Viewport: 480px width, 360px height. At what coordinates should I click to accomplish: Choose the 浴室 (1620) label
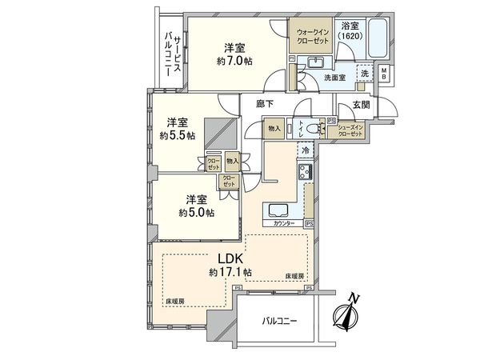[x=349, y=33]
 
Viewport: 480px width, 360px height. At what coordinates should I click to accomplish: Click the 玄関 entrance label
[x=350, y=104]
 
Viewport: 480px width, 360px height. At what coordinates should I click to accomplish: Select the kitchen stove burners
[x=306, y=171]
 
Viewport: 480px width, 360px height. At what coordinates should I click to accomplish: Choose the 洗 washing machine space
[x=365, y=74]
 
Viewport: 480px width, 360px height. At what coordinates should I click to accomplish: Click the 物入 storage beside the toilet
[x=274, y=129]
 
